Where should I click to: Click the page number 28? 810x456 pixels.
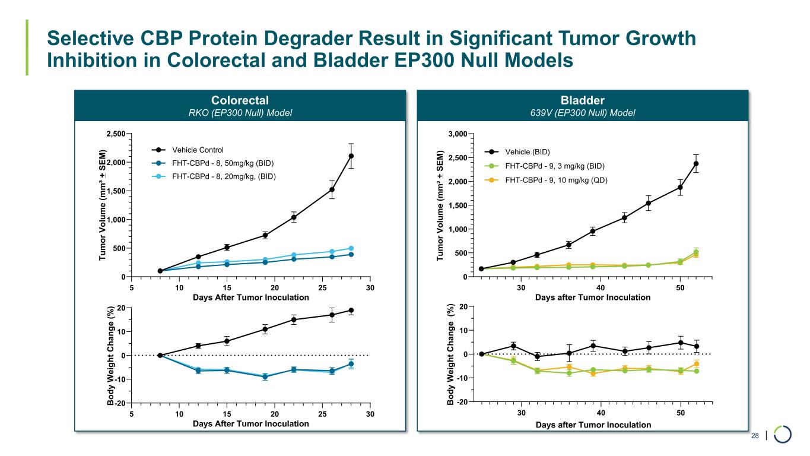click(x=755, y=436)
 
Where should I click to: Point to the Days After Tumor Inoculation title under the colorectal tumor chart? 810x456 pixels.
click(x=250, y=297)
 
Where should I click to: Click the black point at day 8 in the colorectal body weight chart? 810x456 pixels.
click(x=160, y=355)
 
